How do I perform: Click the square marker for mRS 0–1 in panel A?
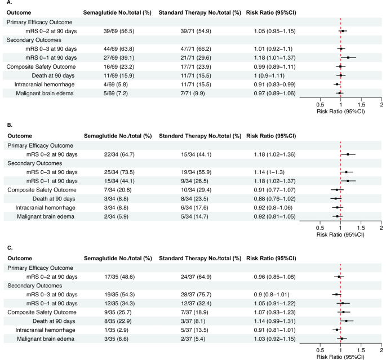(348, 57)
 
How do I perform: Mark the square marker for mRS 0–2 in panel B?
(348, 154)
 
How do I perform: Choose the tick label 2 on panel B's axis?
(381, 227)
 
